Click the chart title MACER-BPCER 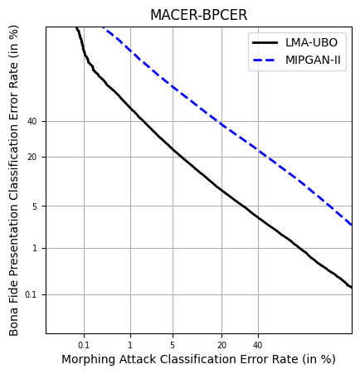click(198, 16)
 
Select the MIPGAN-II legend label click(314, 60)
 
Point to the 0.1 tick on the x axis click(84, 344)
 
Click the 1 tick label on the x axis click(130, 344)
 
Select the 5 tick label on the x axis click(173, 344)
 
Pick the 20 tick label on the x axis click(221, 344)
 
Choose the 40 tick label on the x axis click(258, 344)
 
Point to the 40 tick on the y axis click(32, 121)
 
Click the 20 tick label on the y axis click(32, 157)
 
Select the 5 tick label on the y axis click(35, 206)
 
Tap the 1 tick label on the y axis click(35, 248)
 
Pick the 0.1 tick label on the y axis click(32, 294)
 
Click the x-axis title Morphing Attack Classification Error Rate click(198, 359)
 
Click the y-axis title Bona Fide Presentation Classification click(14, 180)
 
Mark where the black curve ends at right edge click(351, 287)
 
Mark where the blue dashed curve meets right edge click(351, 224)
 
